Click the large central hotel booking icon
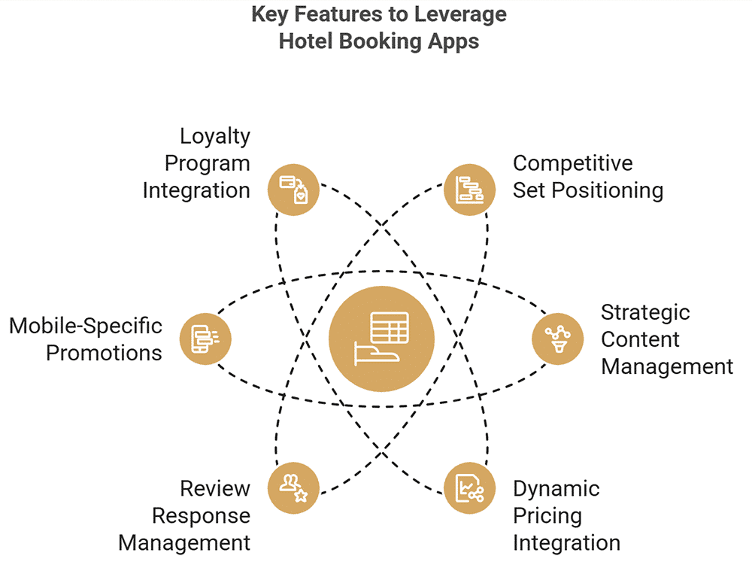[x=381, y=338]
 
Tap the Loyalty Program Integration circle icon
[x=294, y=188]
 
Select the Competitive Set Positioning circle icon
[x=470, y=188]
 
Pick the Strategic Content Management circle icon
[x=557, y=338]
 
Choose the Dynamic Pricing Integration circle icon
[x=470, y=488]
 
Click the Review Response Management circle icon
[x=294, y=488]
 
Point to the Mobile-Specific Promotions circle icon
[x=205, y=338]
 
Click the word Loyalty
[x=215, y=138]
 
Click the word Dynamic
[x=556, y=489]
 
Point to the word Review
[x=215, y=489]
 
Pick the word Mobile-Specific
[x=86, y=326]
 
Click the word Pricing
[x=547, y=516]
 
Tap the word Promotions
[x=105, y=353]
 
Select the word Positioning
[x=608, y=190]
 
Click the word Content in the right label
[x=641, y=339]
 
